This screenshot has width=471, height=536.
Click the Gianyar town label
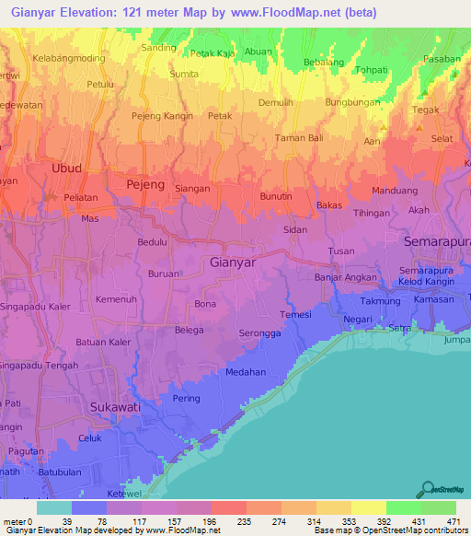click(x=233, y=262)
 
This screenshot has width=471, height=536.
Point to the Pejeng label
click(x=144, y=185)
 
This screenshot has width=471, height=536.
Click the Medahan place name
click(x=246, y=372)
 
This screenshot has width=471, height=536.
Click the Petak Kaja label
click(x=211, y=53)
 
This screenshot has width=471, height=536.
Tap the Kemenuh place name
click(x=117, y=301)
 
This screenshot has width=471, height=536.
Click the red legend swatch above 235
click(x=228, y=507)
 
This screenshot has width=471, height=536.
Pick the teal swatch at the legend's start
click(x=53, y=507)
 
